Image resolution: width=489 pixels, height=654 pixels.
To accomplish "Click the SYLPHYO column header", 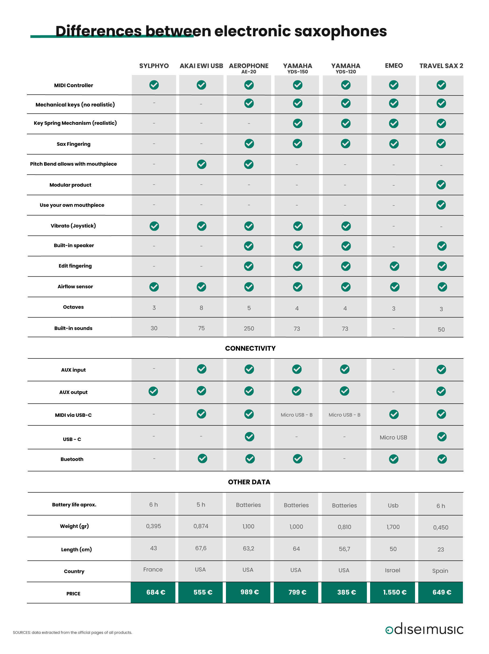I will (x=154, y=66).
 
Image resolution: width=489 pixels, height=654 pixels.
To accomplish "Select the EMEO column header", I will (x=394, y=66).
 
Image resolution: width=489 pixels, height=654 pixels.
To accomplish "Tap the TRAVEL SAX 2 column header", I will (x=441, y=66).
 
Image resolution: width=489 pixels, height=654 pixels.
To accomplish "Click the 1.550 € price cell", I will (x=394, y=592).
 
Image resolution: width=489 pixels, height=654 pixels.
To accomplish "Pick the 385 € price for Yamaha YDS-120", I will (x=346, y=592).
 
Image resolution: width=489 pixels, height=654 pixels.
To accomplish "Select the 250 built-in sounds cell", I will (x=249, y=328).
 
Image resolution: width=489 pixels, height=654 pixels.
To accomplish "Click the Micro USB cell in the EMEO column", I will (x=393, y=437).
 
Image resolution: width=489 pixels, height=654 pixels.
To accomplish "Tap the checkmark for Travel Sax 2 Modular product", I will (x=441, y=185).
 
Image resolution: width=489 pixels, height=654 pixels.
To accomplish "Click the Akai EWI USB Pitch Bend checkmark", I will (x=201, y=164).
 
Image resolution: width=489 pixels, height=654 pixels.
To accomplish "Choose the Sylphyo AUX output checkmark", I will (x=153, y=391).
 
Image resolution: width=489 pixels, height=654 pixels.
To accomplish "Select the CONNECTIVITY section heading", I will (x=250, y=348).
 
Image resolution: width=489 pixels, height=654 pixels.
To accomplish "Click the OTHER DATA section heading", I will (x=249, y=482).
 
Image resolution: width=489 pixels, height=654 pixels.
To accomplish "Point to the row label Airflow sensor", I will (x=75, y=286).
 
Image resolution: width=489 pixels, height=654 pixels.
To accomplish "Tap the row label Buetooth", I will (x=72, y=459).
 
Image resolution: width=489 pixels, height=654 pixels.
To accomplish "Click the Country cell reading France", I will (x=153, y=570).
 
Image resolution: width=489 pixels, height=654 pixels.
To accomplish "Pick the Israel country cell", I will (x=392, y=570).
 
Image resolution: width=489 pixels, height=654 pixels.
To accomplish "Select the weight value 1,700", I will (x=393, y=527).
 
